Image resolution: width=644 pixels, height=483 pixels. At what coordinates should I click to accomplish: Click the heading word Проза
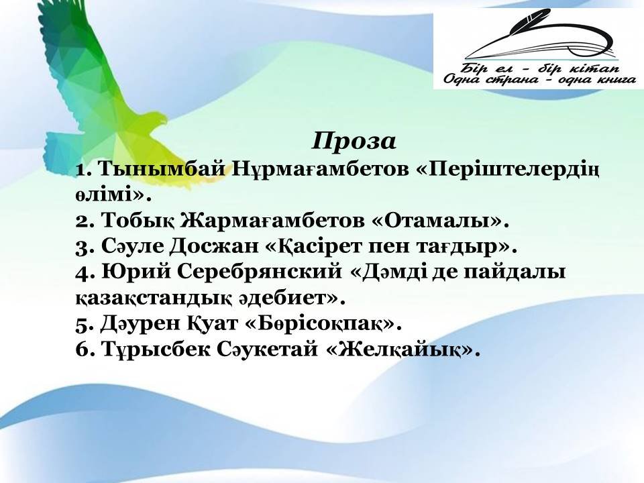354,142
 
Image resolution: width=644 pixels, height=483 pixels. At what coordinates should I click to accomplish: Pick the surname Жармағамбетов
273,221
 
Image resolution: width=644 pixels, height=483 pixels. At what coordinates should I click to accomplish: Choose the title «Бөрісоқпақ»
323,323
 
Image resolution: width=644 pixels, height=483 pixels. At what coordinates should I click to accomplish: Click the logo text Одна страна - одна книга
540,79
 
